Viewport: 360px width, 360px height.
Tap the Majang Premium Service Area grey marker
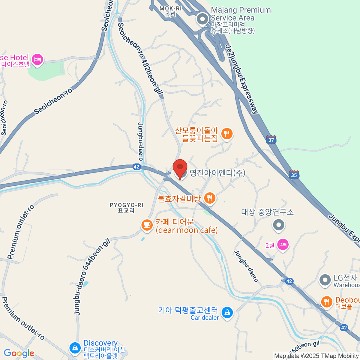(202, 19)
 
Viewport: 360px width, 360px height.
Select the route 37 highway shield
(271, 140)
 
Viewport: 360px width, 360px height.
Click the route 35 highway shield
(294, 175)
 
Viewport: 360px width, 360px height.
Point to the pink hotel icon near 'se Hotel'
(37, 59)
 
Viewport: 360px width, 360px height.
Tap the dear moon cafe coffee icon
(147, 225)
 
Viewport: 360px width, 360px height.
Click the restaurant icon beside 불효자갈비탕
(210, 198)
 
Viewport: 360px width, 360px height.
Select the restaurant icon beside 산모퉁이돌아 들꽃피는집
(227, 133)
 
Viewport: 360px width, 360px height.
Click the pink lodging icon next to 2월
(283, 244)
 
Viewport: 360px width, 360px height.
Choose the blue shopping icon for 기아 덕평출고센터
(227, 313)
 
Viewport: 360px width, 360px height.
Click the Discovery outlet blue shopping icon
(75, 348)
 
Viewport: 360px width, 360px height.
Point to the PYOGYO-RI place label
(126, 208)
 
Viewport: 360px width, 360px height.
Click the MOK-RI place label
(170, 11)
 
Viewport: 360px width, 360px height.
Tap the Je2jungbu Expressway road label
(242, 79)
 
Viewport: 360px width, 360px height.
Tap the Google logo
(19, 353)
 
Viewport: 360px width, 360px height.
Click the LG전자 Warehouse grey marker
(325, 280)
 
